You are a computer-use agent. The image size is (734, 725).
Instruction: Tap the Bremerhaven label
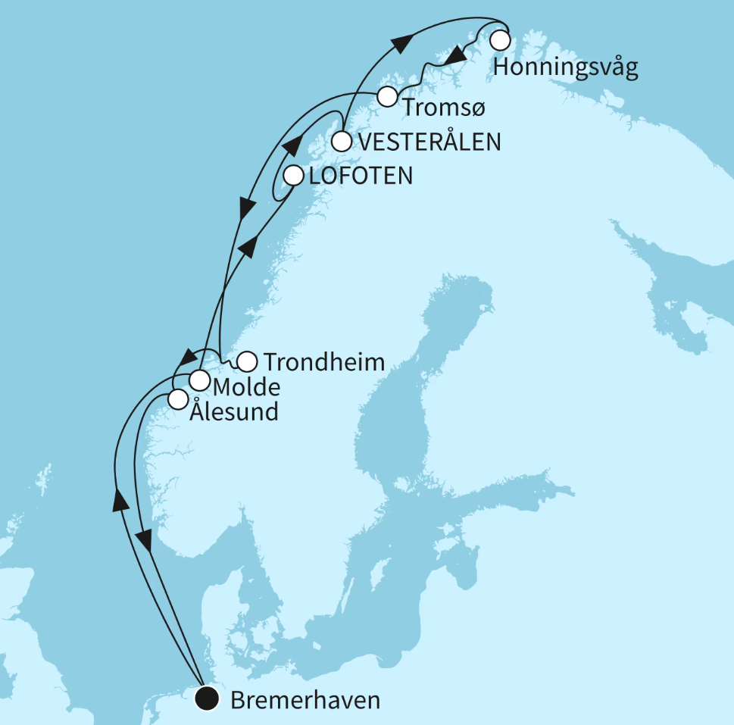tap(305, 701)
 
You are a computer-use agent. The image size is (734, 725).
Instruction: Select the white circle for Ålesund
tap(177, 398)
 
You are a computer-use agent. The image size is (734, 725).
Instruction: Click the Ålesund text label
tap(233, 413)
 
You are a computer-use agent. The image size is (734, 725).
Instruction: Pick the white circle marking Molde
tap(199, 379)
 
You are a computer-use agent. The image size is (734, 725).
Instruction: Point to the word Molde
tap(247, 388)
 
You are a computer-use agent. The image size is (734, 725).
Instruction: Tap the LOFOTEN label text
tap(360, 177)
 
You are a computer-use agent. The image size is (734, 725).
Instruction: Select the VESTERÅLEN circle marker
tap(342, 142)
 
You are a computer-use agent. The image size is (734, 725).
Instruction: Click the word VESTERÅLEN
tap(430, 142)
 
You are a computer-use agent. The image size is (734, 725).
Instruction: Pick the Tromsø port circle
tap(387, 97)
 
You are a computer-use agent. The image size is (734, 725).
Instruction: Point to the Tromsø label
tap(442, 108)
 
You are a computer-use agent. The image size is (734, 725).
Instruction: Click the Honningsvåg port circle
tap(500, 39)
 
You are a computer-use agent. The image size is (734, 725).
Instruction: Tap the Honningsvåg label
tap(565, 68)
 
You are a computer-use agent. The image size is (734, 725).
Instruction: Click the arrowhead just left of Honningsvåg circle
tap(454, 55)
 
